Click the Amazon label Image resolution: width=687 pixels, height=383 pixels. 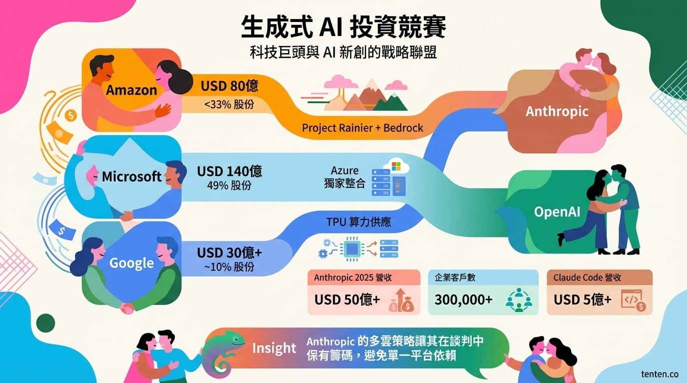(x=131, y=90)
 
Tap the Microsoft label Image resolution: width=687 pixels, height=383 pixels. (x=131, y=177)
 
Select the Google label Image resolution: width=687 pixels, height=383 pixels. (x=132, y=263)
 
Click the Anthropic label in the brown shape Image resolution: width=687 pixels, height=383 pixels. (x=557, y=112)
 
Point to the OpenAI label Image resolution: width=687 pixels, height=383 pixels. (x=557, y=212)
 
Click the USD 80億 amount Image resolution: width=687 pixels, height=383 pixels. (x=229, y=86)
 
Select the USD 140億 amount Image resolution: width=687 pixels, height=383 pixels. (x=229, y=171)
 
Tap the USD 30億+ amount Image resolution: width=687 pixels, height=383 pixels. (x=229, y=253)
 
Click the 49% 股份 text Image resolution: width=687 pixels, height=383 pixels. (x=229, y=186)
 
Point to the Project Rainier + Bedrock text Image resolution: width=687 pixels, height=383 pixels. (x=362, y=128)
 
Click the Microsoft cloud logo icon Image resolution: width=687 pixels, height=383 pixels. (x=396, y=167)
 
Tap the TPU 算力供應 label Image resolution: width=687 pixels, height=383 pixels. (x=358, y=222)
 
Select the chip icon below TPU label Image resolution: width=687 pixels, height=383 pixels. (x=352, y=249)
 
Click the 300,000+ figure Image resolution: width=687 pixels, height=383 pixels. (x=463, y=300)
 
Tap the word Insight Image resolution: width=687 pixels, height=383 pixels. (x=274, y=348)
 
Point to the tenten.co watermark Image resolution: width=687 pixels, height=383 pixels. (x=660, y=374)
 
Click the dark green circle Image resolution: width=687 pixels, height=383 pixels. (x=46, y=323)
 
